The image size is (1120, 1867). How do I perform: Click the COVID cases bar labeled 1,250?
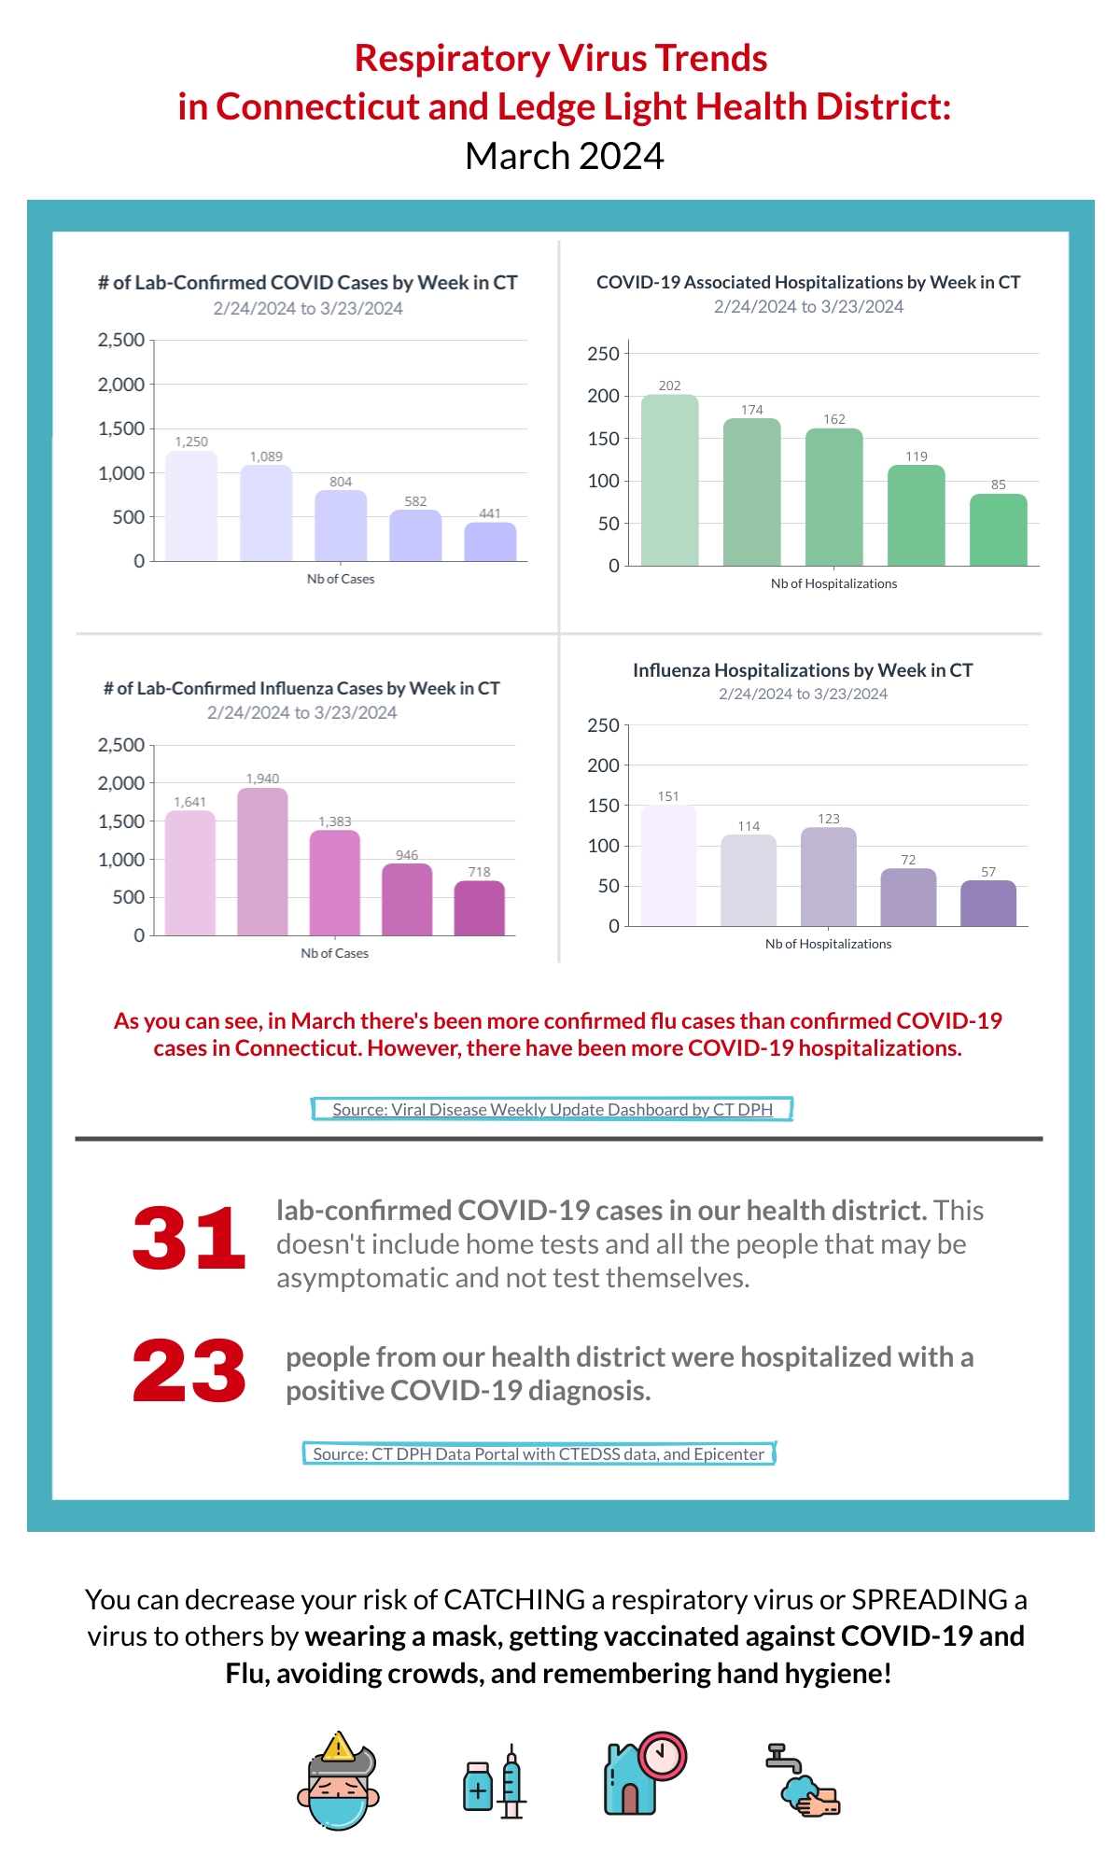191,506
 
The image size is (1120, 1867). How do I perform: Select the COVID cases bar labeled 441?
490,541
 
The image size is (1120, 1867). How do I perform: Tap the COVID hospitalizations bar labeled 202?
669,480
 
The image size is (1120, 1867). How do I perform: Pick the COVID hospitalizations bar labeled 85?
998,529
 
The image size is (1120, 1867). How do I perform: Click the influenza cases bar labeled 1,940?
262,862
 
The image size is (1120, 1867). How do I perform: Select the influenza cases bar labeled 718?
479,907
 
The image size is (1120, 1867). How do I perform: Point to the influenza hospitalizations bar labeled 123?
828,877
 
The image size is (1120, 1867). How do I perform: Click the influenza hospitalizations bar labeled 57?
988,903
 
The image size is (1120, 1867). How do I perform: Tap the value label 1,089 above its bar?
266,456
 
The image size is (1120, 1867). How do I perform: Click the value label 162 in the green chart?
834,419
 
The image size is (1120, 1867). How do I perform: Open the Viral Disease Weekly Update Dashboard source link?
553,1109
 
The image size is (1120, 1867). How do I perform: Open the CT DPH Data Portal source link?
539,1453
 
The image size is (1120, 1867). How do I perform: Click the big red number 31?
189,1238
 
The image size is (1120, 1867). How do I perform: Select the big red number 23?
189,1370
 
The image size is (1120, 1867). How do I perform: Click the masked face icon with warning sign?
338,1780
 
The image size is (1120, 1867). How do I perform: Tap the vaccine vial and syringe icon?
495,1780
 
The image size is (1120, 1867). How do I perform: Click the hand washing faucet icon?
803,1780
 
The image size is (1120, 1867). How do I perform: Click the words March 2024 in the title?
565,156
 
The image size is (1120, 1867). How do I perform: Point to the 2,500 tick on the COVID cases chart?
121,340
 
